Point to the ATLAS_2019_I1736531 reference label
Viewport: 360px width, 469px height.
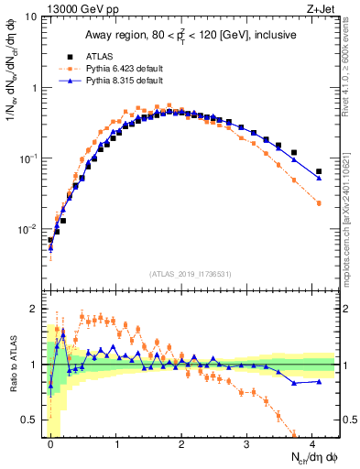(191, 274)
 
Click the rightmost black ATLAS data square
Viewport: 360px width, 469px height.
(319, 171)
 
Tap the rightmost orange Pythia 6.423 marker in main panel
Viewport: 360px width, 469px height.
(319, 203)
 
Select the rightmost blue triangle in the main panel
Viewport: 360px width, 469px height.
(319, 178)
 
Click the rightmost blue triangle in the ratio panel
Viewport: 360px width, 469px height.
(319, 381)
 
